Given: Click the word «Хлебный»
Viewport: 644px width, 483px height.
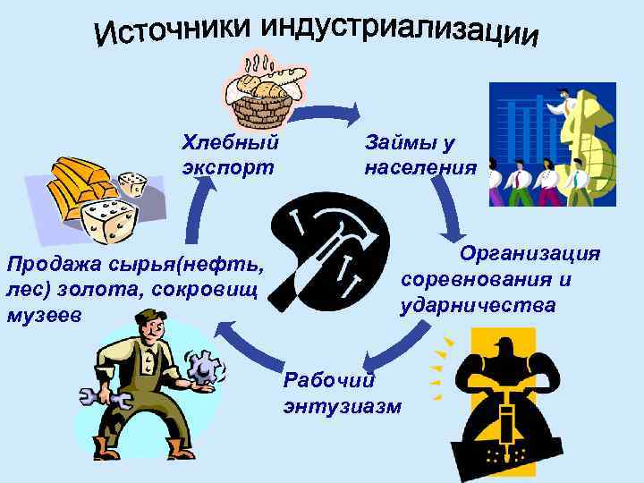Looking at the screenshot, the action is (230, 141).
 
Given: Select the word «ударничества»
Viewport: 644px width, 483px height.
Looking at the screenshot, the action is (478, 306).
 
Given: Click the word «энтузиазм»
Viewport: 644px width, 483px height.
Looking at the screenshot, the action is (342, 407).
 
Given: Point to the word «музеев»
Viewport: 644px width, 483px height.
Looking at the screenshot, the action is (43, 316).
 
